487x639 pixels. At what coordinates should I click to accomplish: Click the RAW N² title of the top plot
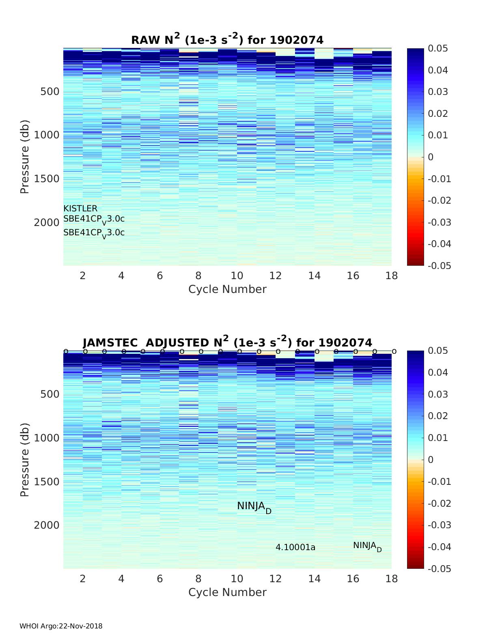(x=227, y=39)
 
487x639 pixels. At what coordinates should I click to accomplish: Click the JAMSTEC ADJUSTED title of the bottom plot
(x=227, y=342)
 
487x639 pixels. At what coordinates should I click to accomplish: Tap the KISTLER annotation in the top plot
(x=80, y=209)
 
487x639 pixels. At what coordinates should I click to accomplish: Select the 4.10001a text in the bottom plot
(x=295, y=547)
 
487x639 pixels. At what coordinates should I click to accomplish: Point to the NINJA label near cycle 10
(x=254, y=507)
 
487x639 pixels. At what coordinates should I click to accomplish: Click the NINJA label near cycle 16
(x=367, y=546)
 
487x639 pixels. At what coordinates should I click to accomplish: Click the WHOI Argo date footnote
(x=61, y=626)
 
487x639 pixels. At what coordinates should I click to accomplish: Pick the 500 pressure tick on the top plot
(x=50, y=91)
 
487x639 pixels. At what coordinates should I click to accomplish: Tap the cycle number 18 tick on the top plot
(x=392, y=276)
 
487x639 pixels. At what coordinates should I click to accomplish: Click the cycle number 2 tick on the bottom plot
(x=83, y=579)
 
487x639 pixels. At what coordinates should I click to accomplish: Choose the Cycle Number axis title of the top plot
(x=227, y=289)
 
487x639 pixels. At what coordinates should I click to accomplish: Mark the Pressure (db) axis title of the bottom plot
(x=25, y=460)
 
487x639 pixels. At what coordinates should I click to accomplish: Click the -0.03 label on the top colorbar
(x=439, y=222)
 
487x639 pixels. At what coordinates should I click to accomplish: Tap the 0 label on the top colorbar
(x=431, y=157)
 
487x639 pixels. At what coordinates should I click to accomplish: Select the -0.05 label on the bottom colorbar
(x=439, y=569)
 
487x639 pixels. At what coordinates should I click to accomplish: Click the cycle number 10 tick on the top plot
(x=237, y=276)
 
